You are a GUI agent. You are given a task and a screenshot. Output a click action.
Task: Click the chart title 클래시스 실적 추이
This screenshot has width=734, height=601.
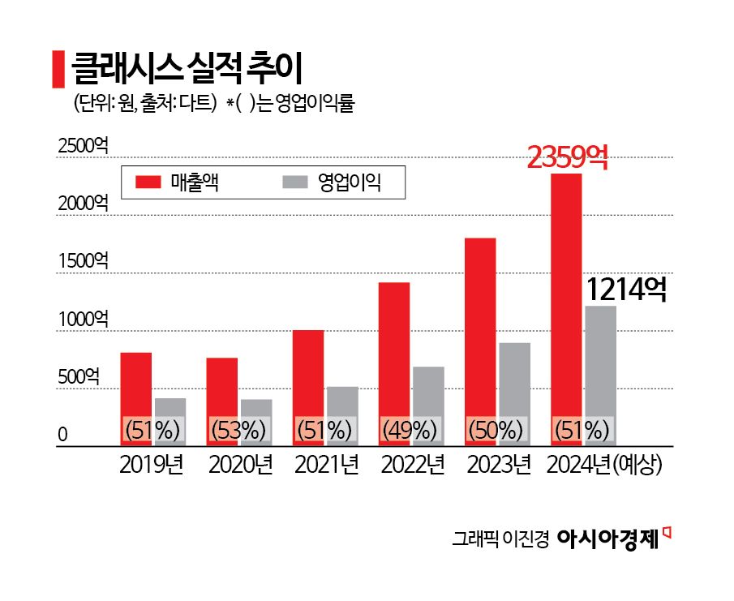tap(187, 69)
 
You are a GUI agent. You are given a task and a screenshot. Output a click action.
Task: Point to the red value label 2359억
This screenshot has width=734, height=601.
tap(567, 157)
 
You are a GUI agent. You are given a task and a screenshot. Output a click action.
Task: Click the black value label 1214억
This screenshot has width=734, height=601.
tap(625, 290)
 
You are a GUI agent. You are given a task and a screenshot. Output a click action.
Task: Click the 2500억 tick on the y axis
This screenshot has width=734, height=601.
tap(82, 146)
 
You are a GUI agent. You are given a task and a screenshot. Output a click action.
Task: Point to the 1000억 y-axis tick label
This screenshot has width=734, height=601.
tap(82, 319)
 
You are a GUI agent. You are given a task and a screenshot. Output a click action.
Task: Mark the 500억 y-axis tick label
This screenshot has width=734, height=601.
tap(79, 376)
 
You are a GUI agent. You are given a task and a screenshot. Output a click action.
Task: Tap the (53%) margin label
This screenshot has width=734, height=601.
tap(238, 430)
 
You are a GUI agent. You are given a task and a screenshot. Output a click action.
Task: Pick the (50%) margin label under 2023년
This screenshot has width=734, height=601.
tap(497, 430)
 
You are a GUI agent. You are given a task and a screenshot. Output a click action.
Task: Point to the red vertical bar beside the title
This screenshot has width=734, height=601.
tap(58, 69)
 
